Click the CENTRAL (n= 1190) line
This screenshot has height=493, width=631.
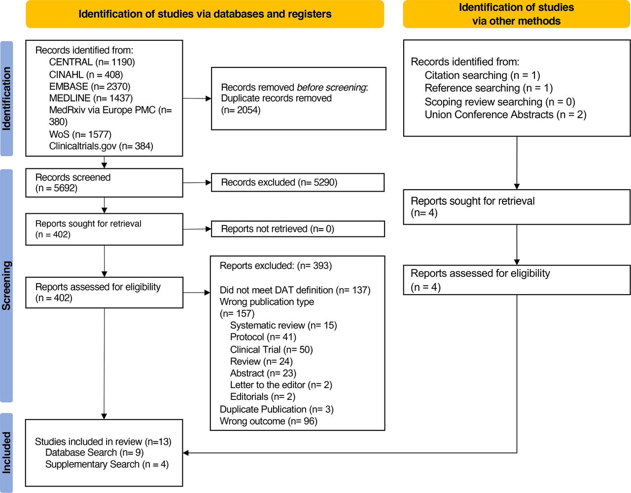coord(92,62)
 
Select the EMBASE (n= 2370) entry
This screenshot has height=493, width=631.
coord(90,86)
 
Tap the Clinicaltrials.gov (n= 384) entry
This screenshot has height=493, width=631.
coord(101,146)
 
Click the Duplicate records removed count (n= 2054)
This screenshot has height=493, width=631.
coord(241,110)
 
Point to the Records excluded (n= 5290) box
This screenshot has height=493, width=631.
coord(297,182)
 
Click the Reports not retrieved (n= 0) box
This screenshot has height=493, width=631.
coord(297,229)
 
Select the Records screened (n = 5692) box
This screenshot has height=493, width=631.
coord(104,183)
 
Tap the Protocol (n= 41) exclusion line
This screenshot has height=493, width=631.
coord(263,337)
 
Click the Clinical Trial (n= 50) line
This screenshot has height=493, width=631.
coord(271,350)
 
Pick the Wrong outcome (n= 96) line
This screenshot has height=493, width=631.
coord(268,421)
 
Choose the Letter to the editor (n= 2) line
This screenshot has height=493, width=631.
coord(281,385)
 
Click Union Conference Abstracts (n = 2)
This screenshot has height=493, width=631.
coord(505,115)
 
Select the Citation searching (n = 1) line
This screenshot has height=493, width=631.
coord(482,75)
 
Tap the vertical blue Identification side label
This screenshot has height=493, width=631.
coord(6,99)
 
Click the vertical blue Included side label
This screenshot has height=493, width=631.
coord(6,453)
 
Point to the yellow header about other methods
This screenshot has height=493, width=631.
coord(516,14)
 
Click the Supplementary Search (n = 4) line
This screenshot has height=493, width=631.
coord(106,464)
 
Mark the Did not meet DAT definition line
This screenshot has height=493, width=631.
coord(295,290)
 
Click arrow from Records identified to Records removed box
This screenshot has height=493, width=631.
coord(197,99)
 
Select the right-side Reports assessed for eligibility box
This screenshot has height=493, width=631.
coord(517,280)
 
